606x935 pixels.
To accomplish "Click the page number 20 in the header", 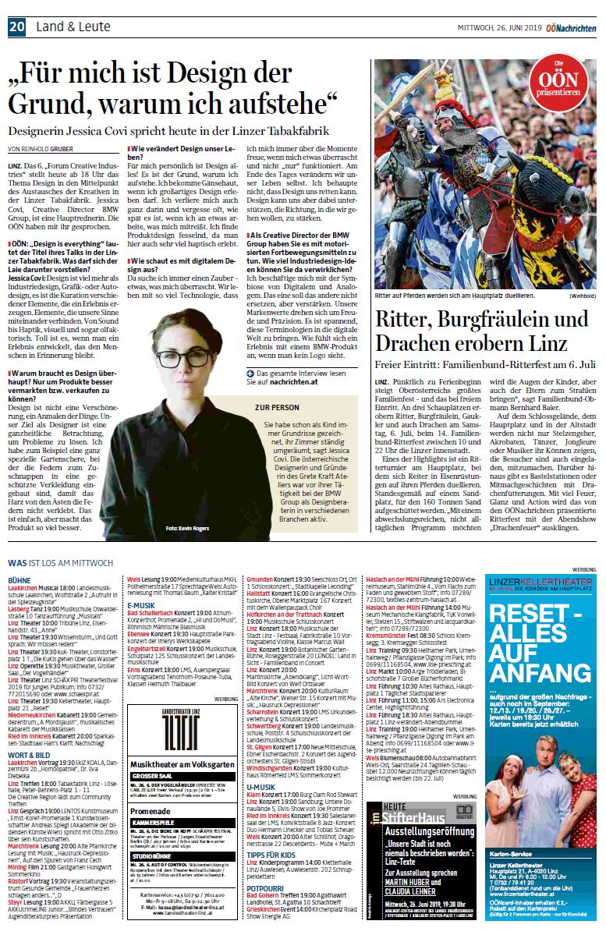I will click(x=17, y=27).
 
